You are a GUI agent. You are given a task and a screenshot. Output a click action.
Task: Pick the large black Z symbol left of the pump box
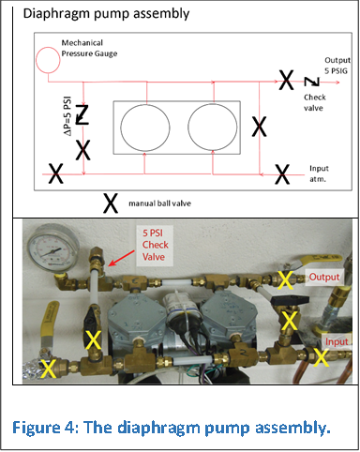(82, 115)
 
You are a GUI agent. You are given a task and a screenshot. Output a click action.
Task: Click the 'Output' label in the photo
(324, 278)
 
